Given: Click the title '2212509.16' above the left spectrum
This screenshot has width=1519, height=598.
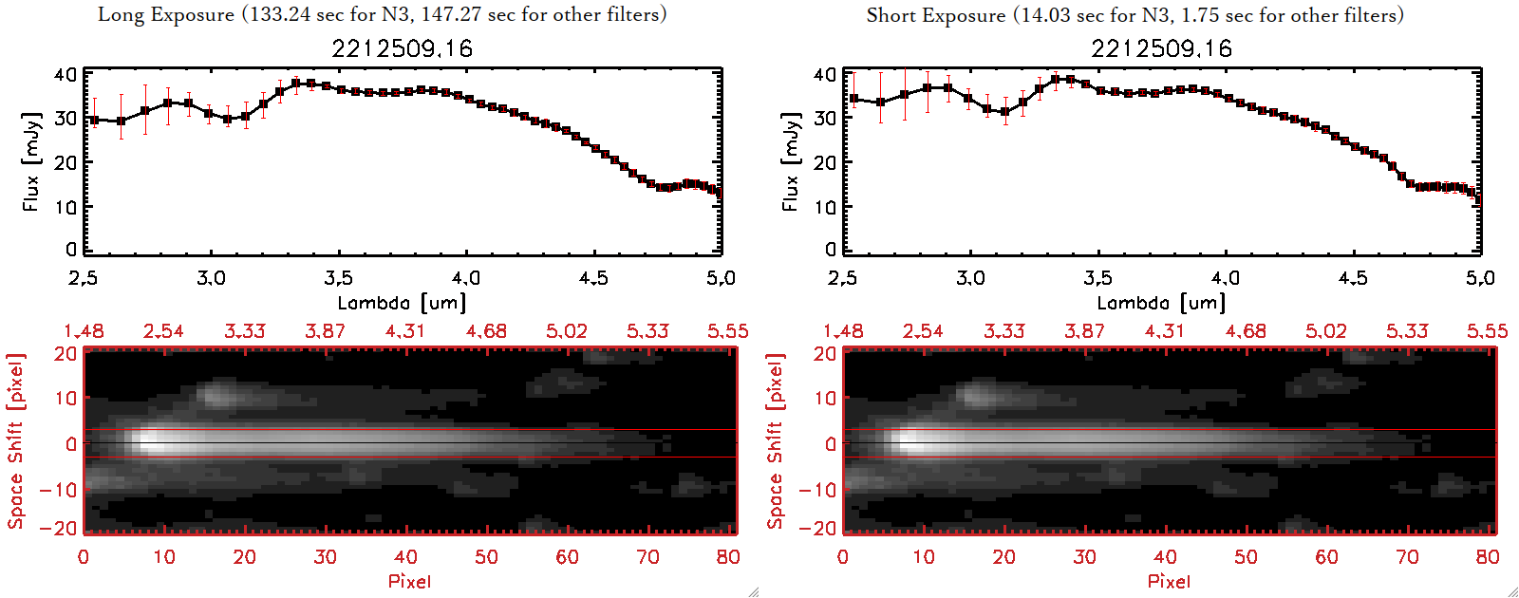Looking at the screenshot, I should (402, 49).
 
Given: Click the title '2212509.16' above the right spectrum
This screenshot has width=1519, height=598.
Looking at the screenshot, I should (1161, 49).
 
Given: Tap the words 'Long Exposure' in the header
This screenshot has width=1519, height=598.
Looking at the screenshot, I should (166, 14).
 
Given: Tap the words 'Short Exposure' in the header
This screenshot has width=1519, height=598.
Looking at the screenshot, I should (935, 15).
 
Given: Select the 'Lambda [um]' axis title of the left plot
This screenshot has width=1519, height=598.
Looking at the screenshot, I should (402, 303).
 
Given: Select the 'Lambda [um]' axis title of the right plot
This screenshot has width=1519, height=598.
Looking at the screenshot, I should (1161, 303).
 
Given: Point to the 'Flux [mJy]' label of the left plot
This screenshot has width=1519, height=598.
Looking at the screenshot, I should (31, 161).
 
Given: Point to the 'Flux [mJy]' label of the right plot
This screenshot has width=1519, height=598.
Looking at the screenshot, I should (791, 161).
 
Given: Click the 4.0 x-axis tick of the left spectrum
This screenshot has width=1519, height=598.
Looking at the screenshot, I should (465, 278).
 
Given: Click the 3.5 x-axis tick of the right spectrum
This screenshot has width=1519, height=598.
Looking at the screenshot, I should (1097, 278).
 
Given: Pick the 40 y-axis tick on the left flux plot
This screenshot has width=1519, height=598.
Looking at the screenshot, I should (66, 75).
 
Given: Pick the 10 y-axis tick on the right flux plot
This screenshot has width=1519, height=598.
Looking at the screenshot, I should (825, 206).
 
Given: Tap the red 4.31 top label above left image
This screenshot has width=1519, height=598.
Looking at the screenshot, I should (405, 331).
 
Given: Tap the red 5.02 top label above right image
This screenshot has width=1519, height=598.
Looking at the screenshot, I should (1326, 331).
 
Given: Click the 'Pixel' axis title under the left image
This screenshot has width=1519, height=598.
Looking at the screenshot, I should (409, 581).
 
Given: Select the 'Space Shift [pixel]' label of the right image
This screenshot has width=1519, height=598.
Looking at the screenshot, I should (776, 441).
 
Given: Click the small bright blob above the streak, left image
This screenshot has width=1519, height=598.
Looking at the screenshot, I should (219, 392).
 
